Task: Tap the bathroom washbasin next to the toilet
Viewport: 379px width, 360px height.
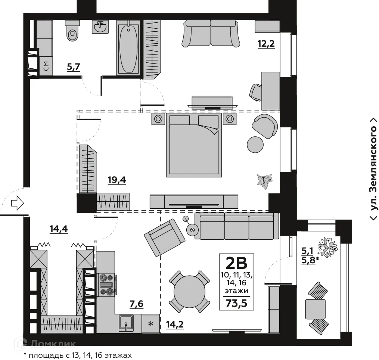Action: tap(100, 27)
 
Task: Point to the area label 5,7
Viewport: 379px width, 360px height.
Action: tap(73, 67)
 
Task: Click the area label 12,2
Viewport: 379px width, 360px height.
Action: tap(266, 44)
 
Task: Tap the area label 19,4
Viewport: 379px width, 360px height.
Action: tap(117, 180)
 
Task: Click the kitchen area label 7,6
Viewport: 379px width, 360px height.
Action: tap(136, 304)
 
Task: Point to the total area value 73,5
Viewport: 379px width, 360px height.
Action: tap(236, 303)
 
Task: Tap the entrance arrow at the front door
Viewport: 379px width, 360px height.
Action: tap(17, 203)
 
